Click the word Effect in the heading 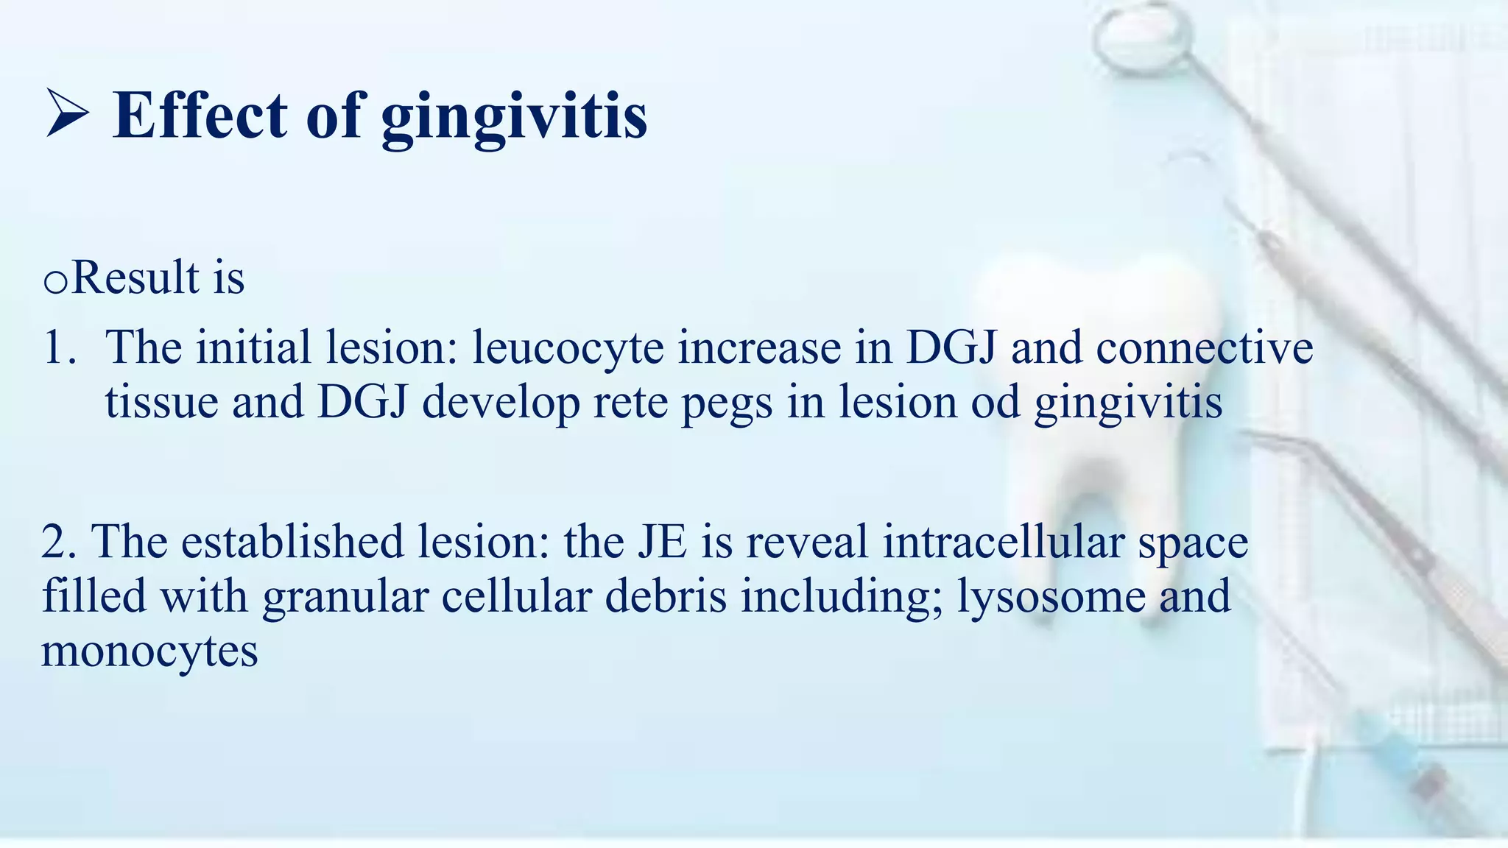(199, 116)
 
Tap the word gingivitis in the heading (514, 118)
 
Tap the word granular (345, 596)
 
